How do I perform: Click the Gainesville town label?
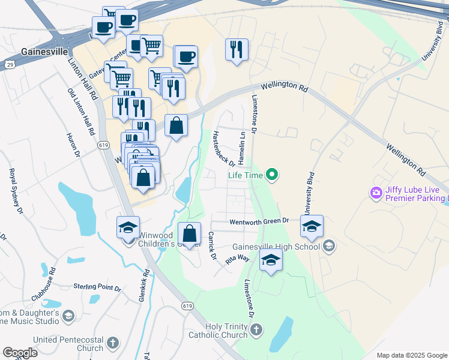coord(44,52)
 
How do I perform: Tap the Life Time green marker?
coord(273,175)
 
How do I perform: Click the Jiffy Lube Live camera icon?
coord(376,193)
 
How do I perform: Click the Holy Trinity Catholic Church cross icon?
coord(256,329)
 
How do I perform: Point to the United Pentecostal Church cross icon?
coord(112,344)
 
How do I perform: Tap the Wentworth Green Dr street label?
coord(259,221)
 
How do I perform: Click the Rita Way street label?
coord(237,259)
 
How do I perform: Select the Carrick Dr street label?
coord(212,245)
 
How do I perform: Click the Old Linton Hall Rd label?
coord(81,112)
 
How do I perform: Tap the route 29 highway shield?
coord(10,63)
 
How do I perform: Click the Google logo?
coord(20,352)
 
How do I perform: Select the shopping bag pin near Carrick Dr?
coord(189,234)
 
